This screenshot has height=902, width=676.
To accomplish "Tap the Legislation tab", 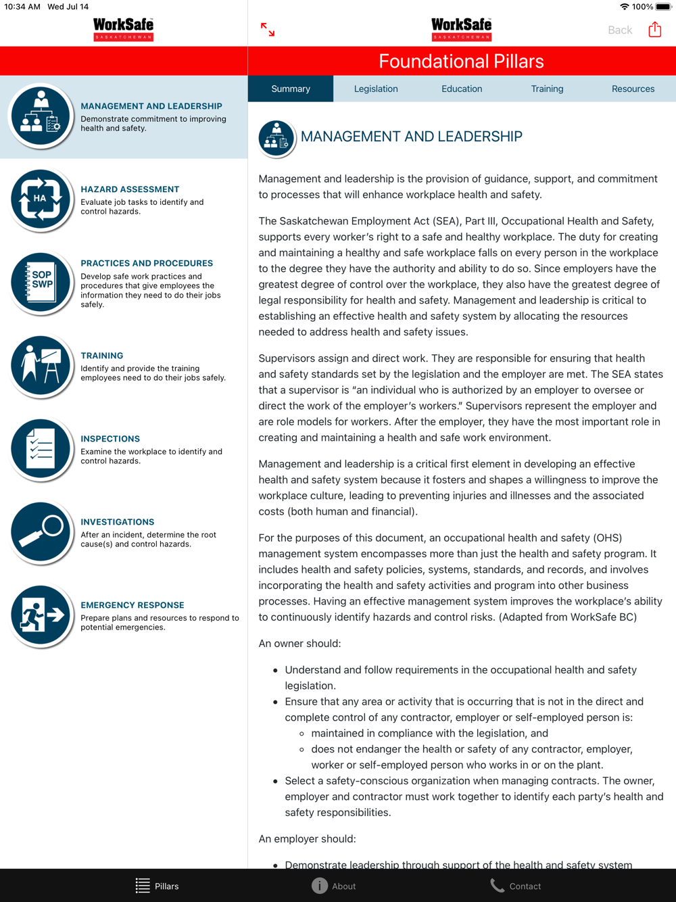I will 376,89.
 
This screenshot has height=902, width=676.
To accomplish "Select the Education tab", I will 462,89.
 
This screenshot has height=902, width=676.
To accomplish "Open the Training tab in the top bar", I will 547,89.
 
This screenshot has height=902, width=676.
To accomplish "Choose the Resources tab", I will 633,89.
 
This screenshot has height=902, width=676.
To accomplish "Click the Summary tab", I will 291,89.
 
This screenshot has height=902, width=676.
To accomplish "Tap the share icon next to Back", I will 654,30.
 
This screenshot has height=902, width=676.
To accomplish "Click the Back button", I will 620,30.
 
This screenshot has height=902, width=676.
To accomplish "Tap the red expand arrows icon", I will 268,29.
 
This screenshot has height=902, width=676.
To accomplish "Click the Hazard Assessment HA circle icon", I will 41,200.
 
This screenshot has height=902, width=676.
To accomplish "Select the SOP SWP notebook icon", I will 41,283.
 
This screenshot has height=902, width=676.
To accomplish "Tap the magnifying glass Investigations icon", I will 41,532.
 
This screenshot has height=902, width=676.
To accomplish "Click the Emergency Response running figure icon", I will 41,616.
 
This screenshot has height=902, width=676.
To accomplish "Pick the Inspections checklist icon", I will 41,449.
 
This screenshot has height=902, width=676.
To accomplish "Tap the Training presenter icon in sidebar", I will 41,366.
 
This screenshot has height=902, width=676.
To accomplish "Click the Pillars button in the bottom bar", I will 157,886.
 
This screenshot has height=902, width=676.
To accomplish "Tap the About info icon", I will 320,886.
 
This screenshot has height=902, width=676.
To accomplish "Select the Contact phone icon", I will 498,886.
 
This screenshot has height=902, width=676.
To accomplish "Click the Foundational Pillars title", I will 461,62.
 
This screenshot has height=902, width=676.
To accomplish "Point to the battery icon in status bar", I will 663,7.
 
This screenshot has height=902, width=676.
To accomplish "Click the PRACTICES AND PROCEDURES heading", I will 147,263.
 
